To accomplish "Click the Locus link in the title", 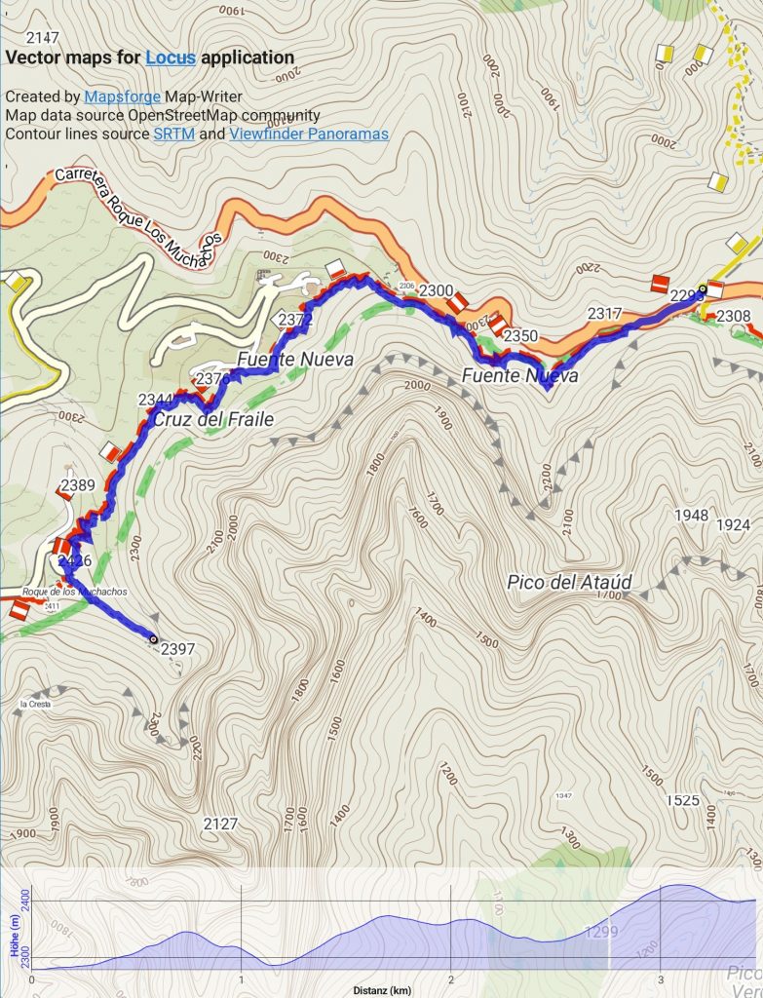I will pyautogui.click(x=171, y=58).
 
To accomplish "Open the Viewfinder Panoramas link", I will pyautogui.click(x=309, y=134).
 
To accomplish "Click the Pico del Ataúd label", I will pyautogui.click(x=569, y=583).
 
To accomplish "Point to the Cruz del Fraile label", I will pyautogui.click(x=212, y=420).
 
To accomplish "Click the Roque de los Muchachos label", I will pyautogui.click(x=74, y=592).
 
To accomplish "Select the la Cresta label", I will pyautogui.click(x=34, y=704).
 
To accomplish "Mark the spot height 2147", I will pyautogui.click(x=44, y=38).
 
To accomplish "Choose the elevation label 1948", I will pyautogui.click(x=690, y=515).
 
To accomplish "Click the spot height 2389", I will pyautogui.click(x=77, y=484).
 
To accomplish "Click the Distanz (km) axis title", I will pyautogui.click(x=382, y=991).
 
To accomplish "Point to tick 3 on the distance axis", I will pyautogui.click(x=660, y=979).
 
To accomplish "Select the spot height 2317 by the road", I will pyautogui.click(x=604, y=313).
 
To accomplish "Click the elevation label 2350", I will pyautogui.click(x=521, y=336).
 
